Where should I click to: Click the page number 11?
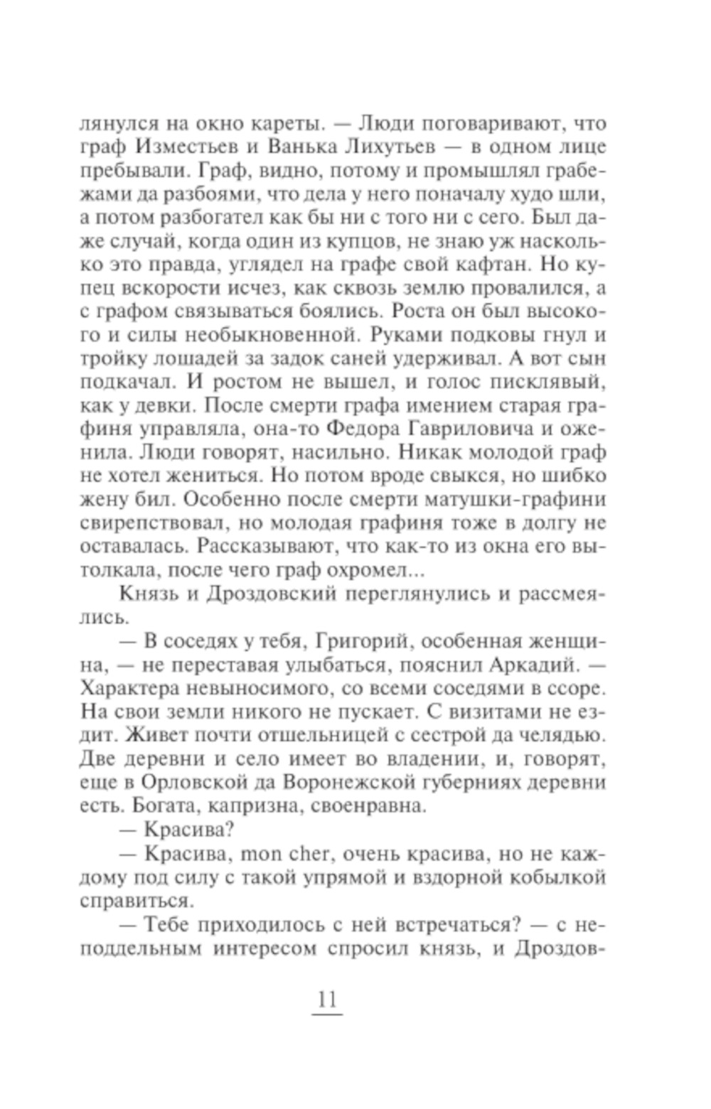[326, 999]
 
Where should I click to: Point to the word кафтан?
[499, 264]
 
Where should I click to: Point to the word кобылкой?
[558, 877]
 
